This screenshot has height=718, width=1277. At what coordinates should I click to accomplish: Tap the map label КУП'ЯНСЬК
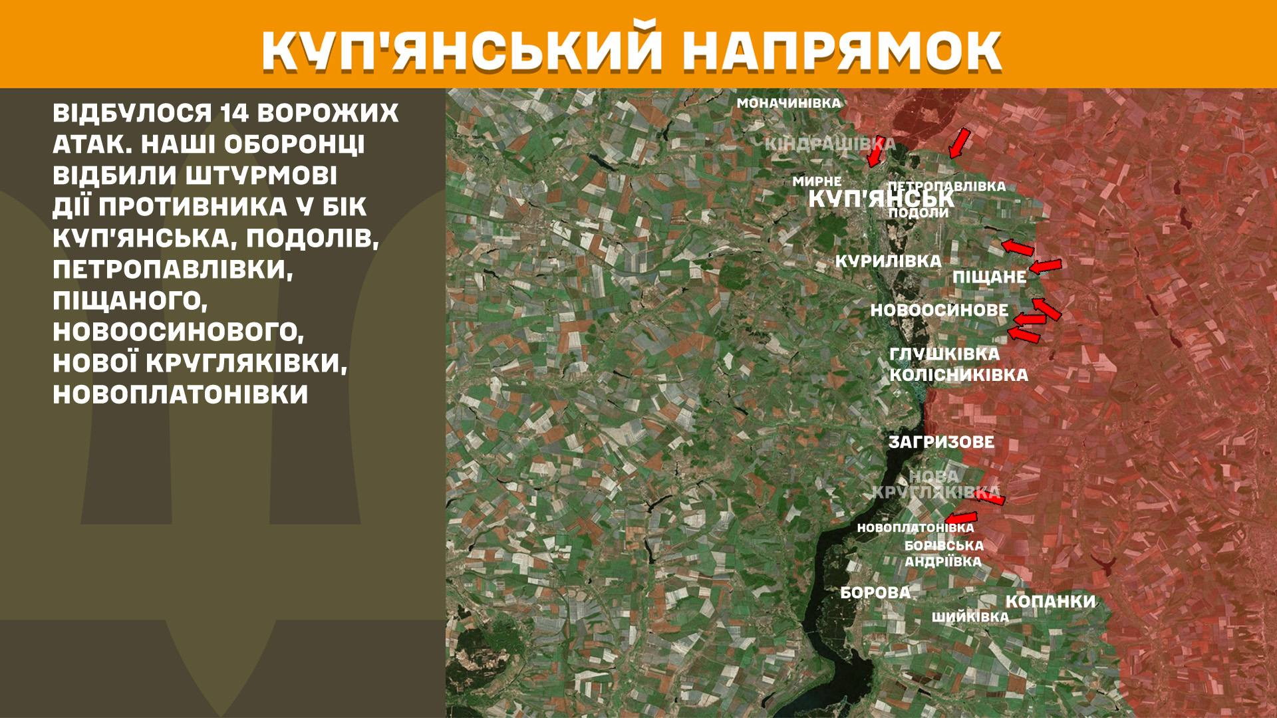point(881,198)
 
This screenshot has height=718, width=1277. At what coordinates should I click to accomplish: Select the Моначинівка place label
point(789,103)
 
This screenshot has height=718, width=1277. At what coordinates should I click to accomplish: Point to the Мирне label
point(817,181)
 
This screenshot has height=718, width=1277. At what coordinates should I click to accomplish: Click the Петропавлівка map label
point(946,186)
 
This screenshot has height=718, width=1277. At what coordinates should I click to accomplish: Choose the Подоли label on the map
point(919,213)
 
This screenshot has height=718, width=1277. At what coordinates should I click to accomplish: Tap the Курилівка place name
point(888,261)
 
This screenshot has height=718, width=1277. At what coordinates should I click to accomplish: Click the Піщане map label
point(990,277)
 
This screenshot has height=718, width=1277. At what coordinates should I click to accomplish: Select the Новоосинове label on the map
point(939,310)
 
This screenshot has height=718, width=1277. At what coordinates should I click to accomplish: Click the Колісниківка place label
point(958,375)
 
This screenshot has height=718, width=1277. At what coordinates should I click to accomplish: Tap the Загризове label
point(941,442)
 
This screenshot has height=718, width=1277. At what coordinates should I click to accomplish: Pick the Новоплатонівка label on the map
point(915,528)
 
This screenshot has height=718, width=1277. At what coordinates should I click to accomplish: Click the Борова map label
point(875,592)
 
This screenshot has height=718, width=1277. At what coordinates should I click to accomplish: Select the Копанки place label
point(1050,602)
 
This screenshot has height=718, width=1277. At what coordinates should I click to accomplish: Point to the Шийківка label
point(970,617)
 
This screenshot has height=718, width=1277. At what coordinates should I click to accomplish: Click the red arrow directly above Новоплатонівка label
point(962,518)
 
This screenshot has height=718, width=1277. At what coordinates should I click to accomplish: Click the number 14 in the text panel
point(231,113)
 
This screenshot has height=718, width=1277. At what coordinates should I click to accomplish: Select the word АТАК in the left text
point(84,145)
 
